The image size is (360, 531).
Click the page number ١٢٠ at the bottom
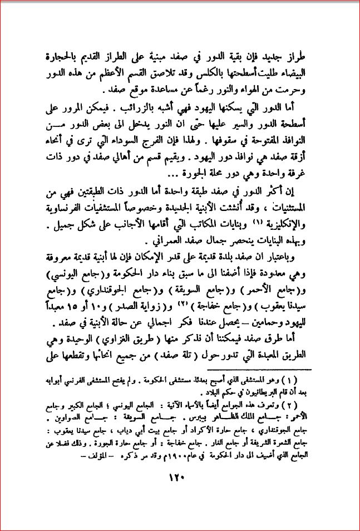click(x=179, y=476)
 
